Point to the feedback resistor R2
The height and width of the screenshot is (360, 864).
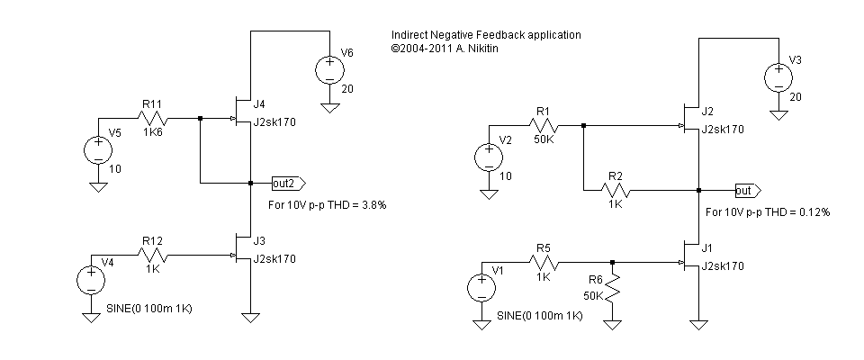[x=616, y=190]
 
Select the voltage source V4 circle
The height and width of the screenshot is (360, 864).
[x=90, y=280]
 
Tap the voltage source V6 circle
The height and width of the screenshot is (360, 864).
[x=328, y=69]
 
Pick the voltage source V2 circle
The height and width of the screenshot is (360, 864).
[x=487, y=157]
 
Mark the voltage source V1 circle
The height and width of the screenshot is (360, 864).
[x=481, y=288]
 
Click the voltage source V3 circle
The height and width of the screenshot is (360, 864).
[x=775, y=76]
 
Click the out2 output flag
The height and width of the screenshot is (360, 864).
[x=287, y=184]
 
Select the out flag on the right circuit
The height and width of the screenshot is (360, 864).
[x=746, y=191]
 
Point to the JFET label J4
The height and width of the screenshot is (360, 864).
[x=260, y=103]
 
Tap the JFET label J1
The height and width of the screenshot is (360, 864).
[x=706, y=249]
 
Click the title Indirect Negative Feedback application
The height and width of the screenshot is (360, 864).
[x=486, y=34]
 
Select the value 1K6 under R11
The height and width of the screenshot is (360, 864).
[x=153, y=131]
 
